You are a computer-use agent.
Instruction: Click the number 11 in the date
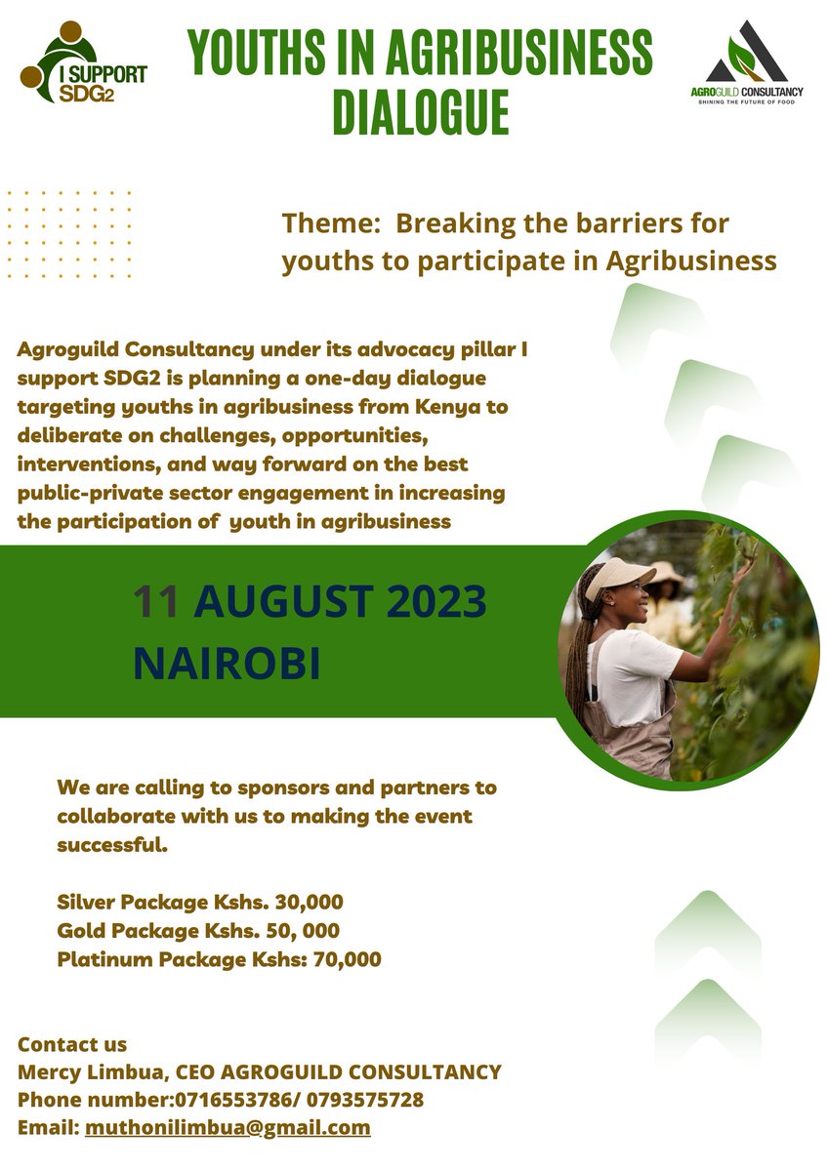pyautogui.click(x=156, y=603)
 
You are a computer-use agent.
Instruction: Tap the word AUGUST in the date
pyautogui.click(x=282, y=603)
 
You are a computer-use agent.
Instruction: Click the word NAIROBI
pyautogui.click(x=227, y=662)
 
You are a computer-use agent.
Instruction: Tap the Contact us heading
pyautogui.click(x=72, y=1045)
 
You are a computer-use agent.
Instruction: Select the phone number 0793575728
pyautogui.click(x=365, y=1100)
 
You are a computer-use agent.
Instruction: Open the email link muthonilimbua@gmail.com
pyautogui.click(x=228, y=1128)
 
